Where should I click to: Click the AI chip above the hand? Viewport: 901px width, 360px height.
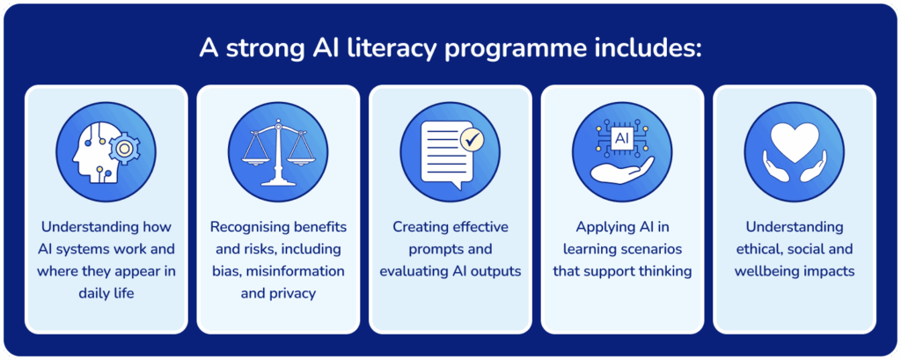[622, 138]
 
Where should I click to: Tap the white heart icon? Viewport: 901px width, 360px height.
[794, 141]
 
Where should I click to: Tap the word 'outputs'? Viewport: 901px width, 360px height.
[494, 270]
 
